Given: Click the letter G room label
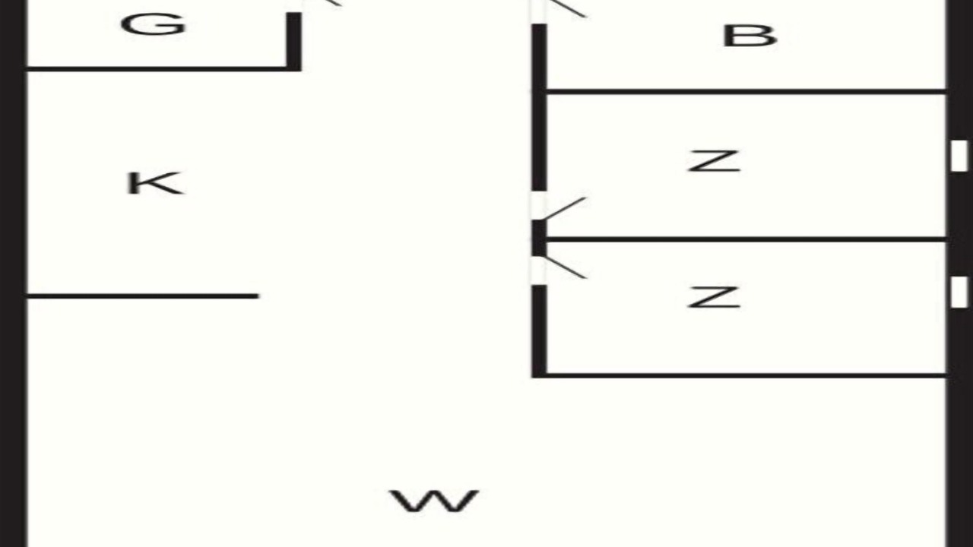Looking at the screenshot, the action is (x=154, y=24).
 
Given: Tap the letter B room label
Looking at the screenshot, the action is (x=750, y=36).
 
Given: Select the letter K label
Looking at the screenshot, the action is (x=154, y=183).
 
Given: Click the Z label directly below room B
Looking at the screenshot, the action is (x=714, y=162).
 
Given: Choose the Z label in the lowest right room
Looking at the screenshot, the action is (x=714, y=297).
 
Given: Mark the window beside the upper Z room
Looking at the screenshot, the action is (x=959, y=156).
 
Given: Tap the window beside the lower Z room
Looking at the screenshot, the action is (x=959, y=292).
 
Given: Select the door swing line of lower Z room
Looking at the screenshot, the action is (x=565, y=267).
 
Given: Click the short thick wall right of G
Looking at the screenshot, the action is (x=293, y=41).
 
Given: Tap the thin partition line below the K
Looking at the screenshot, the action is (x=143, y=296).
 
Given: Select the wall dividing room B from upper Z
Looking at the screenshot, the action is (x=746, y=92).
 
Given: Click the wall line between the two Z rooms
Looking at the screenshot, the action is (x=746, y=239).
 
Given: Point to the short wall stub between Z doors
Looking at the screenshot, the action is (x=539, y=238).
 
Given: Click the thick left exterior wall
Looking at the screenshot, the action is (x=13, y=273).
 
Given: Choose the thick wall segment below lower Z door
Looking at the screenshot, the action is (x=539, y=331).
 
